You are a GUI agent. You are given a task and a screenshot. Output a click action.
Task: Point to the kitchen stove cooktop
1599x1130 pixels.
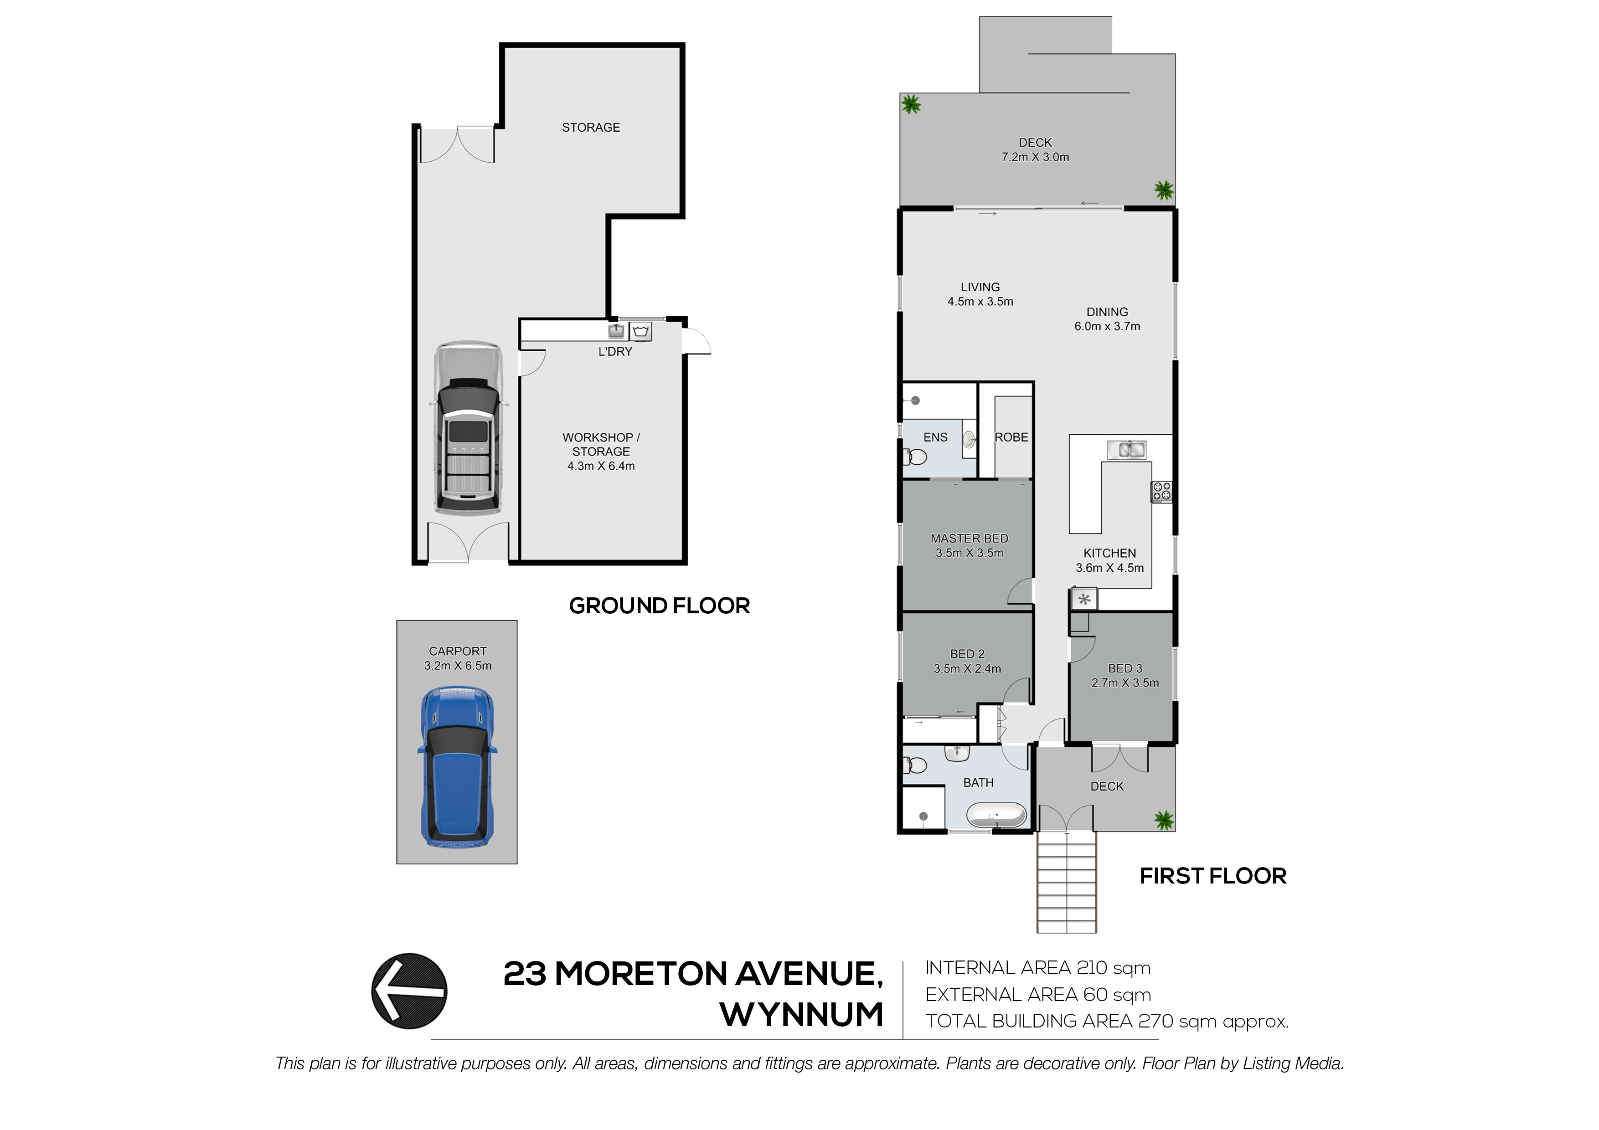coord(1161,492)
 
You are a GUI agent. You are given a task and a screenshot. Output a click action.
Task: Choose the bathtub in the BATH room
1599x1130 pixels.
coord(996,815)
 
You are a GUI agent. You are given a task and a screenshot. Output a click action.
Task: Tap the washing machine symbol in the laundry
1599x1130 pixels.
coord(641,331)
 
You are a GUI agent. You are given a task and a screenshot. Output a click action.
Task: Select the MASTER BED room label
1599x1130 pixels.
coord(970,538)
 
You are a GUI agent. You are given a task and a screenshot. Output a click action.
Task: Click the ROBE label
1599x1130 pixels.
coord(1011,437)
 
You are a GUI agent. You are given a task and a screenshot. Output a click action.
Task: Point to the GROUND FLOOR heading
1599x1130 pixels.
coord(660,606)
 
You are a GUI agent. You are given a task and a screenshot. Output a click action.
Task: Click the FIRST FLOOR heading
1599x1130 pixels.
coord(1213,876)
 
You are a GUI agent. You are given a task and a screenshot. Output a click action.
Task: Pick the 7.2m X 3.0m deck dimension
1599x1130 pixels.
coord(1036,157)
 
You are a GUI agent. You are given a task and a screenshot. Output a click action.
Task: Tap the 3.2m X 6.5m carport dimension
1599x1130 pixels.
coord(458,666)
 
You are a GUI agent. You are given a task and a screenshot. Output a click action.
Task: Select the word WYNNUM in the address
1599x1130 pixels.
coord(802,1014)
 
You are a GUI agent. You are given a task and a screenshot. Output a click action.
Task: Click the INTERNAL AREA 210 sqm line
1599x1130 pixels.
coord(1038,968)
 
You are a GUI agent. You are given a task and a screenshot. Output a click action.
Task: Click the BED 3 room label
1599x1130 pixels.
coord(1125,668)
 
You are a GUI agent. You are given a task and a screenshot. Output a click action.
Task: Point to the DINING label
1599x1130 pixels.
coord(1107,312)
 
